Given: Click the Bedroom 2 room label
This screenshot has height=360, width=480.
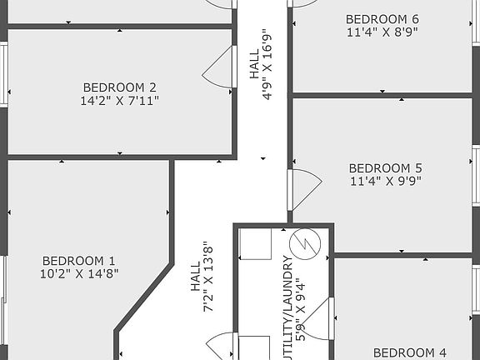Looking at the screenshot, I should [x=120, y=87].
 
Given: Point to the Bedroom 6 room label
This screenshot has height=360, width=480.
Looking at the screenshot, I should [x=382, y=18].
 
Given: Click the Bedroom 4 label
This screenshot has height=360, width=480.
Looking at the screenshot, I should [x=409, y=352].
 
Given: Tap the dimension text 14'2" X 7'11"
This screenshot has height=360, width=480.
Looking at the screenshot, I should [x=120, y=101].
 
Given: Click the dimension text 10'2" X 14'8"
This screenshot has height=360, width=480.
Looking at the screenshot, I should [x=79, y=273].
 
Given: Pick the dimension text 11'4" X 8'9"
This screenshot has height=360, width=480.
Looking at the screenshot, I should [x=382, y=32].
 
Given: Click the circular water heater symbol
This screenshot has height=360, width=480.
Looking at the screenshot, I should [x=305, y=243].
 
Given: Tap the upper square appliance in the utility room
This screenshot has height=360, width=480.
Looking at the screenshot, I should [x=255, y=244].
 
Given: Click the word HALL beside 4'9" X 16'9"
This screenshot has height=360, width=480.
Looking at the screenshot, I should [x=254, y=65].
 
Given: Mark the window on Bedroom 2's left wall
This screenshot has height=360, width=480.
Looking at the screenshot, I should [x=4, y=75].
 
